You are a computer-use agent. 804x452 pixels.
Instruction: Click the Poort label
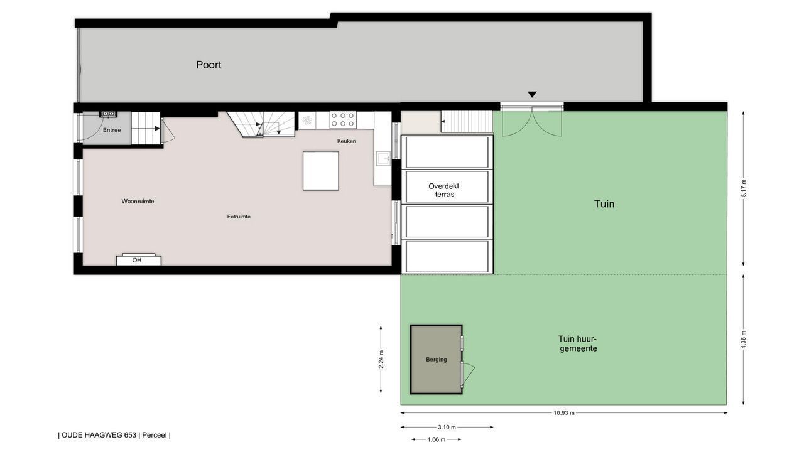pos(209,65)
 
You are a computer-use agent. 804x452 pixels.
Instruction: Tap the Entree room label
pos(112,130)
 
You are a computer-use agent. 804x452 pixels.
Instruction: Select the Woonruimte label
pos(138,202)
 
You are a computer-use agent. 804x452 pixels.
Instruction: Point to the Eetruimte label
pos(239,217)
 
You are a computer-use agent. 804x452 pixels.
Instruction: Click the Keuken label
pos(346,141)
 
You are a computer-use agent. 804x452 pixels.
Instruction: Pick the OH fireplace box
pos(139,260)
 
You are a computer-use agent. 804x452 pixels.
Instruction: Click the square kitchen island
pos(320,171)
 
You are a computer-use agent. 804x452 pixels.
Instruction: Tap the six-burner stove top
pos(343,120)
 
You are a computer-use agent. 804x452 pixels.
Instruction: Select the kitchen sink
pos(383,158)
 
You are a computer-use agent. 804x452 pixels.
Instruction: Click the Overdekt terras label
pos(444,190)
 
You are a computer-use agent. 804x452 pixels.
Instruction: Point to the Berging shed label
pos(437,360)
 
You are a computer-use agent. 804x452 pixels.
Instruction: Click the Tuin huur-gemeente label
pos(578,343)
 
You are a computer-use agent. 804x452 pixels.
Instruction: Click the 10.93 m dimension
pos(564,413)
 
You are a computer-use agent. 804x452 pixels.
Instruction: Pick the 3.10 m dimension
pos(447,428)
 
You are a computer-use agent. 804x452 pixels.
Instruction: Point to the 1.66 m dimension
pos(437,439)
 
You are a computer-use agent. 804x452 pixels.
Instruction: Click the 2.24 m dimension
pos(381,359)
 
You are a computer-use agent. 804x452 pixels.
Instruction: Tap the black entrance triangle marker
pos(532,94)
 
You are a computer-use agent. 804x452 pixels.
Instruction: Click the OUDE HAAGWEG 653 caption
pos(99,435)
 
